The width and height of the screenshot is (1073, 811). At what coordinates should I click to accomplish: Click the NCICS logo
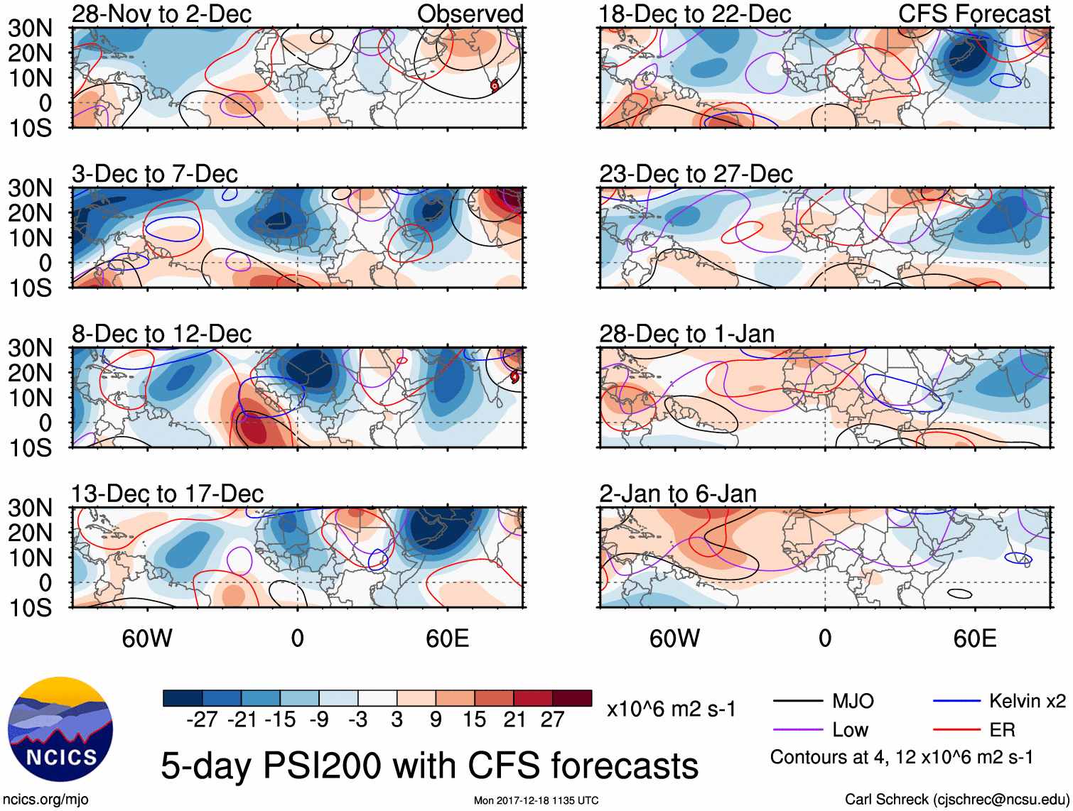click(x=60, y=729)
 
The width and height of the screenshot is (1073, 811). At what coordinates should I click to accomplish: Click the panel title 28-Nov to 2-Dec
click(x=161, y=13)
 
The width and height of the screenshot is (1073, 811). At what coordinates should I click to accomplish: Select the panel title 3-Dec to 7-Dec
click(x=154, y=174)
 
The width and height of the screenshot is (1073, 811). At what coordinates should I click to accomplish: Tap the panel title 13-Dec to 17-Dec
click(x=167, y=494)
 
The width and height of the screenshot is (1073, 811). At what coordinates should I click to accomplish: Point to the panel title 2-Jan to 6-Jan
click(x=677, y=494)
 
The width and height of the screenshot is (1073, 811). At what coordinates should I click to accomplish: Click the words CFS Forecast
click(x=974, y=13)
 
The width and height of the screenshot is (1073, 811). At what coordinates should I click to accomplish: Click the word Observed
click(x=470, y=13)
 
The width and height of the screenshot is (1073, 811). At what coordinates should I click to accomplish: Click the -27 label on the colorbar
click(x=202, y=720)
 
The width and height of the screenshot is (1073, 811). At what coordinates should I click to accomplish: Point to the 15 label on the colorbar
click(x=474, y=720)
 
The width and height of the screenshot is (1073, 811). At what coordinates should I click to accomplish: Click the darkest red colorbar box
click(x=572, y=698)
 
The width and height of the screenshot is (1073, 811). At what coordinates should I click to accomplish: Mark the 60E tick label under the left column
click(x=447, y=638)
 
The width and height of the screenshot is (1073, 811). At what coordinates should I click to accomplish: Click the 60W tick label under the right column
click(x=674, y=638)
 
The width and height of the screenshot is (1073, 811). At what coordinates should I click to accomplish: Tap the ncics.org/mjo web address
click(x=45, y=800)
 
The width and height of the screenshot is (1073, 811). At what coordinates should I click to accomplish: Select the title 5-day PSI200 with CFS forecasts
click(x=429, y=766)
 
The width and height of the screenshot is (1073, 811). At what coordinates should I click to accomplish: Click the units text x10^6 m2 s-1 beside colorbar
click(x=671, y=709)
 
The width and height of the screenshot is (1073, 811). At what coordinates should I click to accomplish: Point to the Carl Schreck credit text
click(x=956, y=800)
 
